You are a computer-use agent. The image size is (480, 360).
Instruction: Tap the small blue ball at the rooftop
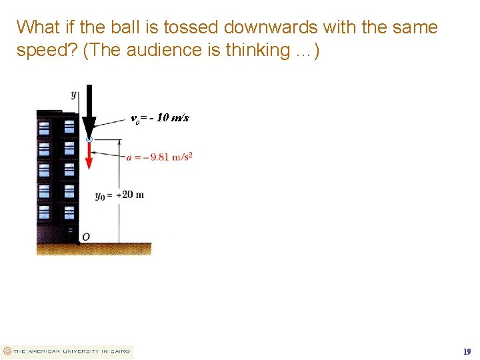[89, 139]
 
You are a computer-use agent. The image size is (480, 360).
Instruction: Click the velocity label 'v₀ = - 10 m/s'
[160, 118]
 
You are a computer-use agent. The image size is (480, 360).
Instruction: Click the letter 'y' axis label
[73, 94]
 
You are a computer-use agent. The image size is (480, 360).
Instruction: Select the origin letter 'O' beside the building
[85, 237]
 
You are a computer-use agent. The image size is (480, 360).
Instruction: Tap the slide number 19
[467, 351]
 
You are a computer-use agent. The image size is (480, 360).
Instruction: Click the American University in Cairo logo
[67, 351]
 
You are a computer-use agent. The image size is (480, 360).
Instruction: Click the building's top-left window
[45, 126]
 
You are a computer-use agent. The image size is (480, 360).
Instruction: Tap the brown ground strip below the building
[93, 249]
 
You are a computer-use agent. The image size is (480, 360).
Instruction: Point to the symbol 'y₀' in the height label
[101, 196]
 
